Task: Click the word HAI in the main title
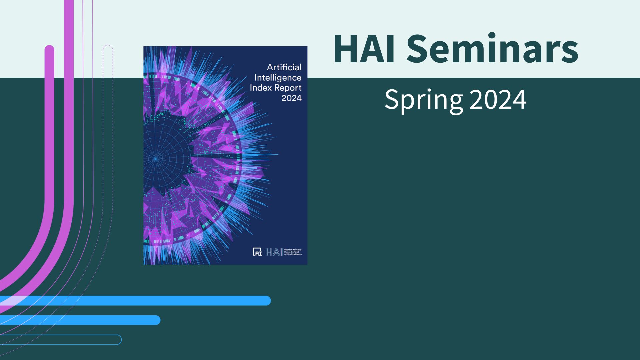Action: [x=364, y=49]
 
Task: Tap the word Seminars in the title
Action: [x=492, y=49]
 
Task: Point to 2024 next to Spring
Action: [x=498, y=99]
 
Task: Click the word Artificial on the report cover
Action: [x=284, y=67]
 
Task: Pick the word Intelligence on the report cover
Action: [x=278, y=78]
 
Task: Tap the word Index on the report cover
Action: [x=261, y=88]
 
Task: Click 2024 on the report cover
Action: [x=291, y=98]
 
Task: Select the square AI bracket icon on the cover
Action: [x=257, y=252]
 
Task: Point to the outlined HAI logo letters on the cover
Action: [x=274, y=252]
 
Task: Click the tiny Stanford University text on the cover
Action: [x=293, y=250]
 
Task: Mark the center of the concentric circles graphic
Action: [x=155, y=159]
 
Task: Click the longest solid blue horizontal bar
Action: [x=135, y=301]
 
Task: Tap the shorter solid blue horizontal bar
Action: [x=80, y=320]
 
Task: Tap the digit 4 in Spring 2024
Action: [x=519, y=99]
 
